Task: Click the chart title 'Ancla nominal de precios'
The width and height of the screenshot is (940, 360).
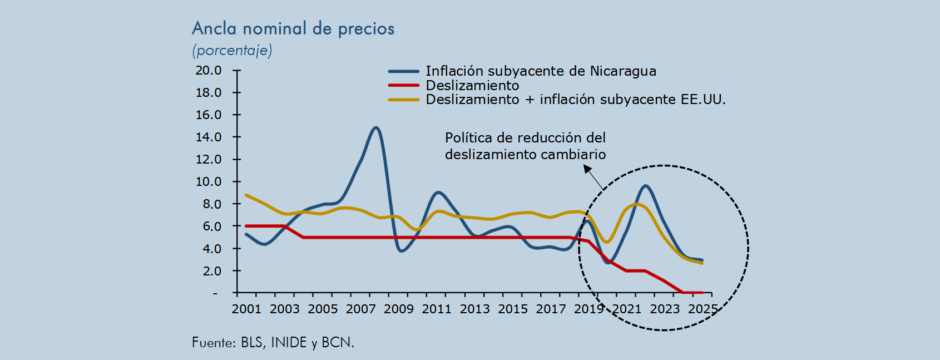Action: pyautogui.click(x=293, y=28)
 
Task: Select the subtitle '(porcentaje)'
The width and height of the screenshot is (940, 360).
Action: pyautogui.click(x=232, y=50)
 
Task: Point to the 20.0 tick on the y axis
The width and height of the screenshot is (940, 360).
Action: pyautogui.click(x=209, y=70)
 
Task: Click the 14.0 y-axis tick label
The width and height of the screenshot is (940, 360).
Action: pyautogui.click(x=209, y=137)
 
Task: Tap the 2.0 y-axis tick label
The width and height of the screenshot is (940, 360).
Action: pyautogui.click(x=212, y=270)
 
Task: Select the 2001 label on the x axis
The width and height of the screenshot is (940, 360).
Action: pyautogui.click(x=247, y=309)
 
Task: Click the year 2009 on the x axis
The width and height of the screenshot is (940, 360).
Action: pyautogui.click(x=399, y=309)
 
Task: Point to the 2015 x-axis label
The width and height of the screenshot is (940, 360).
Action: pyautogui.click(x=513, y=309)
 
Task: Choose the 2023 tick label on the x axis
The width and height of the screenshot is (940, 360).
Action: pyautogui.click(x=665, y=309)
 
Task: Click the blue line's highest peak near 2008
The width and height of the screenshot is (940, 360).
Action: pyautogui.click(x=375, y=127)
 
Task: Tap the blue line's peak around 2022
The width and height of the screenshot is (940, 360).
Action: pyautogui.click(x=645, y=186)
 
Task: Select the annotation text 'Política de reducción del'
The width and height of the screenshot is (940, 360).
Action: pyautogui.click(x=526, y=137)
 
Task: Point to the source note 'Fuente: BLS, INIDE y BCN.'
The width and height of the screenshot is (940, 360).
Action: pyautogui.click(x=273, y=342)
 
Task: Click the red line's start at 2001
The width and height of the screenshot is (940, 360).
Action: pyautogui.click(x=246, y=226)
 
